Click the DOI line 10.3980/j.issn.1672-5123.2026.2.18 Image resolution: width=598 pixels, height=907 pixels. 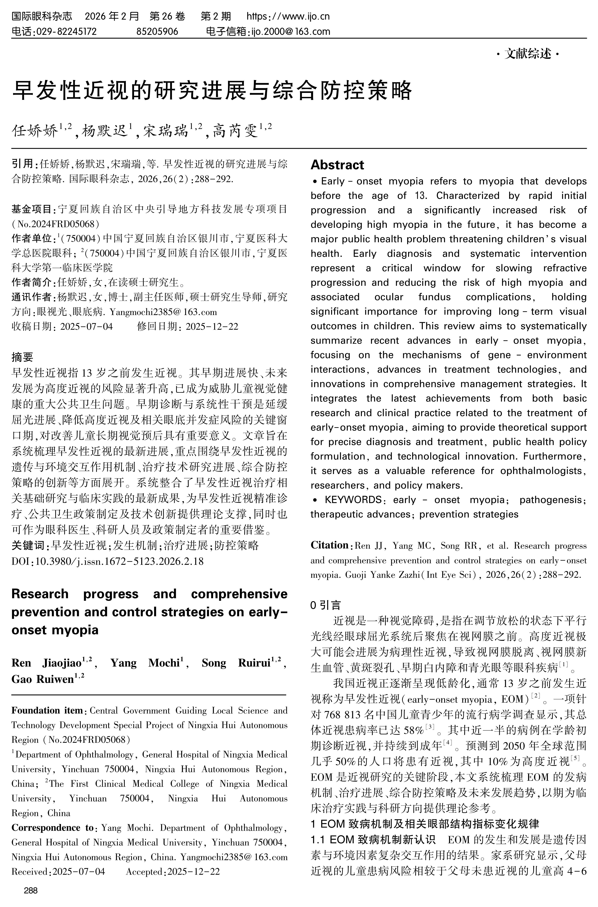(x=119, y=561)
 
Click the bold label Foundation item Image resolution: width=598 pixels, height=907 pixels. (x=47, y=710)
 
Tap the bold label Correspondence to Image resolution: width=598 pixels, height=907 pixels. (x=53, y=828)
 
